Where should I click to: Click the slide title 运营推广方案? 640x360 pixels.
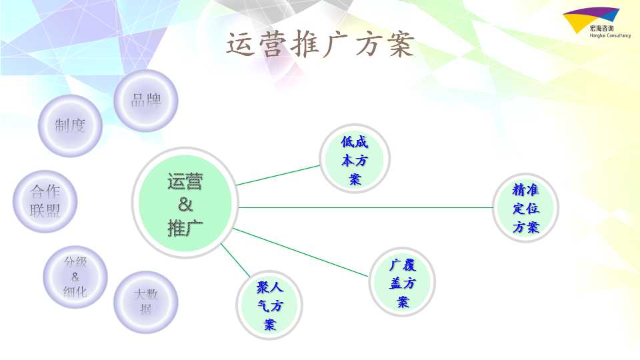pos(321,44)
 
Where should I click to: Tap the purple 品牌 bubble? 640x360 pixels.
pos(146,101)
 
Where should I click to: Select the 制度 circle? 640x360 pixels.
pos(70,126)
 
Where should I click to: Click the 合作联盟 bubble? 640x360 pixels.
pos(45,201)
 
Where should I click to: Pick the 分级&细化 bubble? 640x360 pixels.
pos(75,277)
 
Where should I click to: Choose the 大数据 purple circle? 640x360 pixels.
pos(146,302)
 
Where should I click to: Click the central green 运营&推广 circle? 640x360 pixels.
pos(185,203)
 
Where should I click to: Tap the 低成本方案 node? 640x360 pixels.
pos(355,159)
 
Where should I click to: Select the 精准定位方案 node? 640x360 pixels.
pos(526,208)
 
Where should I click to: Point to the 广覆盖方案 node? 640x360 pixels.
pos(403,283)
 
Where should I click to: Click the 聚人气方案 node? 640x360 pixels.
pos(269,305)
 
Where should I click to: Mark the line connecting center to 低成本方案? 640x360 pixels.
pos(278,175)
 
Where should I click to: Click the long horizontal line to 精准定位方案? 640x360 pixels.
pos(366,207)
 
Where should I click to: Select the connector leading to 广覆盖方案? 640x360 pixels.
pos(301,253)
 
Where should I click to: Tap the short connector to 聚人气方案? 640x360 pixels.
pos(235,260)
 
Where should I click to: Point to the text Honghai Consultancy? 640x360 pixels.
pos(610,35)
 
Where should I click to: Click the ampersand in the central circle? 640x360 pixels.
pos(185,204)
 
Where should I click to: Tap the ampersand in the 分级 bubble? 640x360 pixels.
pos(75,277)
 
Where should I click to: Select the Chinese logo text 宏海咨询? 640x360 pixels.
pos(601,28)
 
